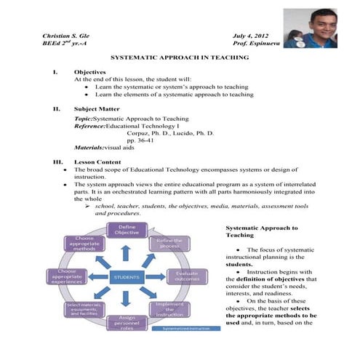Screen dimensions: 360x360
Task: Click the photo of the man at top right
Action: point(310,28)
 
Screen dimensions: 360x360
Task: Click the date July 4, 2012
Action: point(252,36)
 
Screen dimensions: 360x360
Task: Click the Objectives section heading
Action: point(90,72)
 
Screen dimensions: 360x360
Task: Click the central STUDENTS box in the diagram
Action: point(126,277)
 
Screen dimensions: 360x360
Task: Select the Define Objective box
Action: point(125,231)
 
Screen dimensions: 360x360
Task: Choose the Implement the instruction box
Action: point(169,308)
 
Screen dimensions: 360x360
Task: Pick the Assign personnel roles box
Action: point(125,323)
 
